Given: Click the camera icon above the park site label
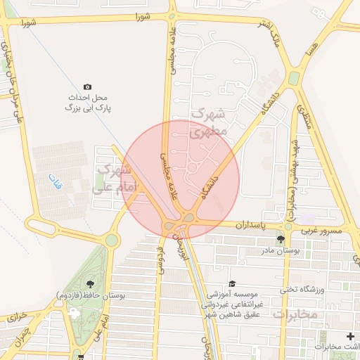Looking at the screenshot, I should (x=87, y=86).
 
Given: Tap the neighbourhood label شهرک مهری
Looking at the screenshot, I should (x=210, y=122).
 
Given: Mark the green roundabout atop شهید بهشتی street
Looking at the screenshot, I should (x=293, y=77).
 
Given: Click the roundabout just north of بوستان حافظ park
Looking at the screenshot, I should (x=112, y=240).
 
